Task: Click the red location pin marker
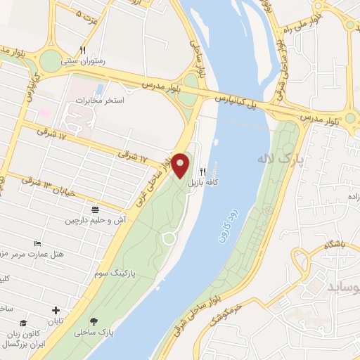point(181,165)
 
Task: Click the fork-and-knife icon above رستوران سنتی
point(82,50)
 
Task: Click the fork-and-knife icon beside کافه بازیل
point(203,171)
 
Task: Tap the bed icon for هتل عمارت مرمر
point(37,243)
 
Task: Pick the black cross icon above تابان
point(56,310)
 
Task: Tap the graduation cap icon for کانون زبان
point(23,323)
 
